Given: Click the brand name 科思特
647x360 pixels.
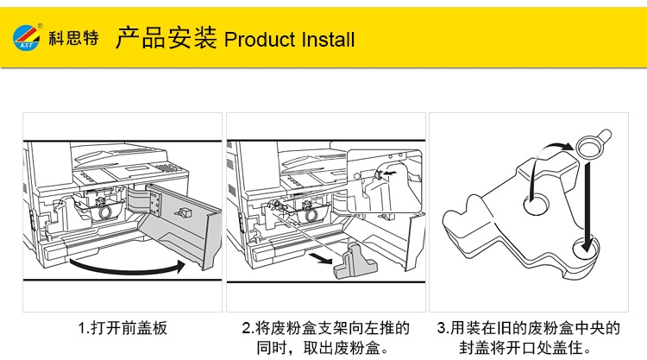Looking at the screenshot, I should (73, 40).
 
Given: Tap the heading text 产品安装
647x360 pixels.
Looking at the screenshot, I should (166, 39).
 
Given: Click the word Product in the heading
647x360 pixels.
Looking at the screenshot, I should (260, 41).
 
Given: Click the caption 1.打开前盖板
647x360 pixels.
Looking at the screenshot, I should (122, 328).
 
